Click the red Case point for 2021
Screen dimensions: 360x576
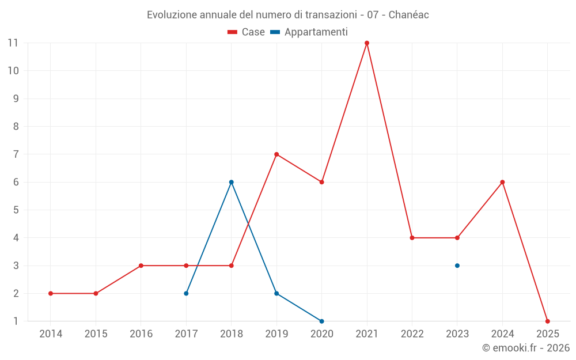tap(367, 43)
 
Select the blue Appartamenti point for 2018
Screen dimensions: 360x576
tap(231, 182)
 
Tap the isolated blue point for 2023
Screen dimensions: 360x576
tap(457, 266)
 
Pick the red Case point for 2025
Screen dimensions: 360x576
tap(547, 321)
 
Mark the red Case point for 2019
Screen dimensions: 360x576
tap(276, 154)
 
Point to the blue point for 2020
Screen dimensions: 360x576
tap(321, 321)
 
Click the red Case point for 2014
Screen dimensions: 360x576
tap(51, 293)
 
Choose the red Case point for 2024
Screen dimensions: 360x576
tap(502, 182)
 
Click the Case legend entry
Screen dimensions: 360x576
tap(247, 32)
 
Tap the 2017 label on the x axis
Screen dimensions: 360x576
tap(186, 334)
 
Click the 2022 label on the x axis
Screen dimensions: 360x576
tap(412, 334)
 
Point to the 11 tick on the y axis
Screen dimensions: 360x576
tap(13, 43)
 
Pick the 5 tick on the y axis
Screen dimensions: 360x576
tap(16, 210)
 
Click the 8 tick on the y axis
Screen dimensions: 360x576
tap(16, 127)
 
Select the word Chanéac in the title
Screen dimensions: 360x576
tap(408, 15)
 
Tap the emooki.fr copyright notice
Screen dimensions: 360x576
tap(525, 348)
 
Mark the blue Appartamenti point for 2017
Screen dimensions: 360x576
tap(186, 293)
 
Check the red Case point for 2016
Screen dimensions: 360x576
tap(141, 266)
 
